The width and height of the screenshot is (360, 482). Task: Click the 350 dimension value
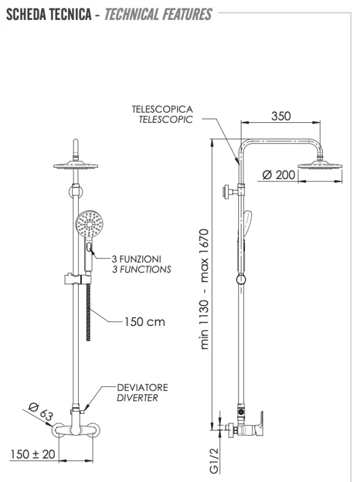281,116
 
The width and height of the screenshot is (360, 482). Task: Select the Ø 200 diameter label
279,175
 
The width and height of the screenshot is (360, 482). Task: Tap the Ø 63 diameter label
40,412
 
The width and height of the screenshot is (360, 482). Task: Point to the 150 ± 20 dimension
33,454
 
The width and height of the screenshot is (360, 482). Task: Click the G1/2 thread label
214,460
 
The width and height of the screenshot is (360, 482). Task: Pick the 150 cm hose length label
144,322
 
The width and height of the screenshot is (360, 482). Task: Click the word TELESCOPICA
163,109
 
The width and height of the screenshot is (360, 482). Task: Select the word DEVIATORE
143,387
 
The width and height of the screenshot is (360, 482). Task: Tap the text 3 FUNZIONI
137,259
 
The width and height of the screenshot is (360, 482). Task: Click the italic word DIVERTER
137,398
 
